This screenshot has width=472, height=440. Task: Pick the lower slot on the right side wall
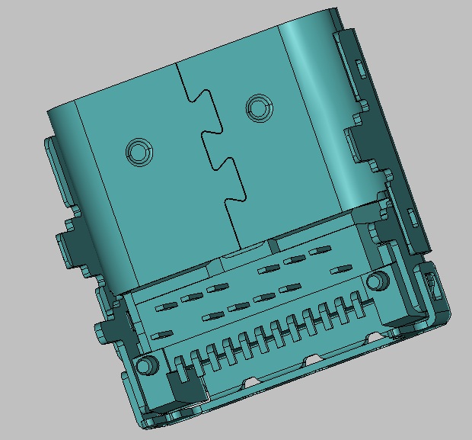[x=412, y=220]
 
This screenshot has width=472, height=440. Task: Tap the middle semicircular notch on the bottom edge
[x=312, y=358]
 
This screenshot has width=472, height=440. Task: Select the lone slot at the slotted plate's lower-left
[x=160, y=334]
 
